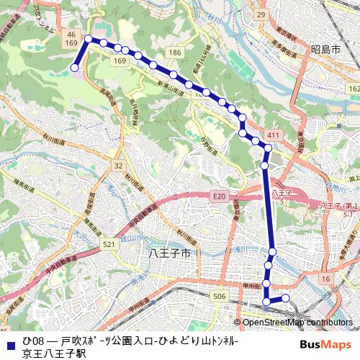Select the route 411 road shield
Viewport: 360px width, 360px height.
pos(272,135)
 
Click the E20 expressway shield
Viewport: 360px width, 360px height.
pos(219,196)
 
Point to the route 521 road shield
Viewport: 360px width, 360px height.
pos(109,246)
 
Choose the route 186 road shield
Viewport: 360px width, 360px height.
pos(175,53)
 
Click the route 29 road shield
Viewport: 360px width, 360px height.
pos(261,14)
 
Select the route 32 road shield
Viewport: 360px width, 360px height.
pos(118,166)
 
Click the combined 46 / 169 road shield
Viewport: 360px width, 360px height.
pos(71,39)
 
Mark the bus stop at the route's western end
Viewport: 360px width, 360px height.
pos(74,68)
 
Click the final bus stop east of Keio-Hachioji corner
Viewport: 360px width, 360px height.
pos(285,297)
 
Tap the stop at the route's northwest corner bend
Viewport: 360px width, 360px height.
pos(89,39)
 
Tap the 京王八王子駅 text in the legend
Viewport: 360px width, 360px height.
pos(53,353)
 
